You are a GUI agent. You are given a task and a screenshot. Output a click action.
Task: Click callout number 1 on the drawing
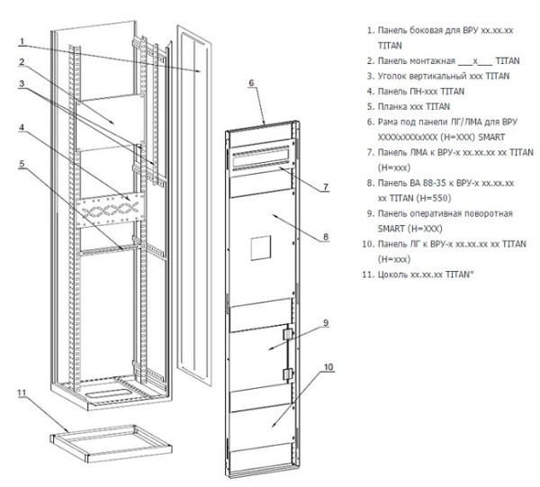coord(23,40)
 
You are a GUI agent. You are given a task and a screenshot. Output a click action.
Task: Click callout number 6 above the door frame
coord(252,83)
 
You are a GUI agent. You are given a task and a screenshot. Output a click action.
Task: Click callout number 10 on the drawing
coord(329,366)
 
